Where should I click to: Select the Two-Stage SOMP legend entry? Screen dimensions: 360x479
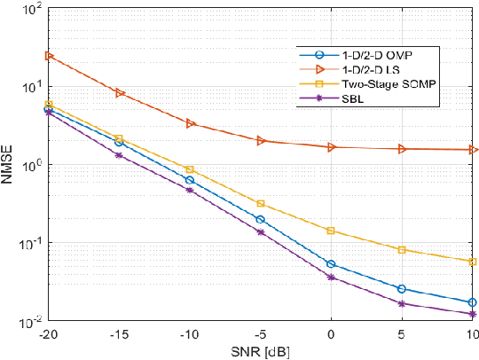pos(382,84)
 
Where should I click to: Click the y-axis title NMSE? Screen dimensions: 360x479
pos(10,166)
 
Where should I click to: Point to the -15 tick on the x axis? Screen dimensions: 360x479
pos(119,333)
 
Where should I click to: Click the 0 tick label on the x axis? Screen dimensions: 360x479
pos(331,333)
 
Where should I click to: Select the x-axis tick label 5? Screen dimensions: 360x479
pos(402,333)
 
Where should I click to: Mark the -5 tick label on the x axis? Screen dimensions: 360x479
pos(260,333)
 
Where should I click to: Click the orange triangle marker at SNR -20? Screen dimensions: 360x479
pos(49,56)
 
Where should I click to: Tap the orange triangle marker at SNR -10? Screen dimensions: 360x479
pos(190,123)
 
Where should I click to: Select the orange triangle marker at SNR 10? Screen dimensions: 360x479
pos(473,150)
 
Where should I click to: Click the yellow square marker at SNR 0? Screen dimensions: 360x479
pos(331,231)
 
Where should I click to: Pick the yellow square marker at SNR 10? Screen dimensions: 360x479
pos(473,262)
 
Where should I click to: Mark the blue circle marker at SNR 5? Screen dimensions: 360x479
pos(402,289)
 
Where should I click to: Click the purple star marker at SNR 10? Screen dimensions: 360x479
pos(473,314)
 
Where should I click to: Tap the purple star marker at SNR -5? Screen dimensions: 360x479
pos(261,232)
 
